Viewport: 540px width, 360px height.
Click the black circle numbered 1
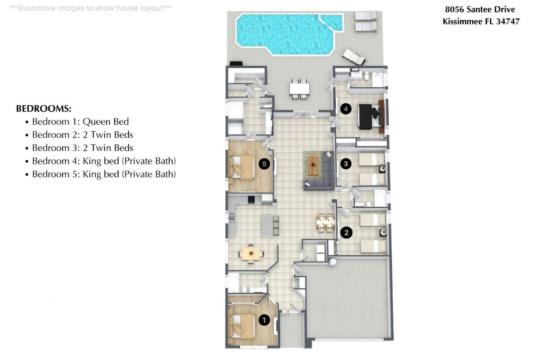(x=264, y=320)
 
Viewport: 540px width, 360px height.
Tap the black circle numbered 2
(x=346, y=232)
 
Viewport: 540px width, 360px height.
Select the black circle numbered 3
(x=345, y=163)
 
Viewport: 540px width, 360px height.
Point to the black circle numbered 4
(x=346, y=109)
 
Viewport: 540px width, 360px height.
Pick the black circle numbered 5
(x=264, y=162)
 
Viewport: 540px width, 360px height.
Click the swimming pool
(x=283, y=33)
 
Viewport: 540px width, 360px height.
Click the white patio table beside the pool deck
(x=297, y=89)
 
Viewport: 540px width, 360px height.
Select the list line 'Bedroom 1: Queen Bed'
(x=83, y=121)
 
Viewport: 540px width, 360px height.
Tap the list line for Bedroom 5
(x=104, y=174)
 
